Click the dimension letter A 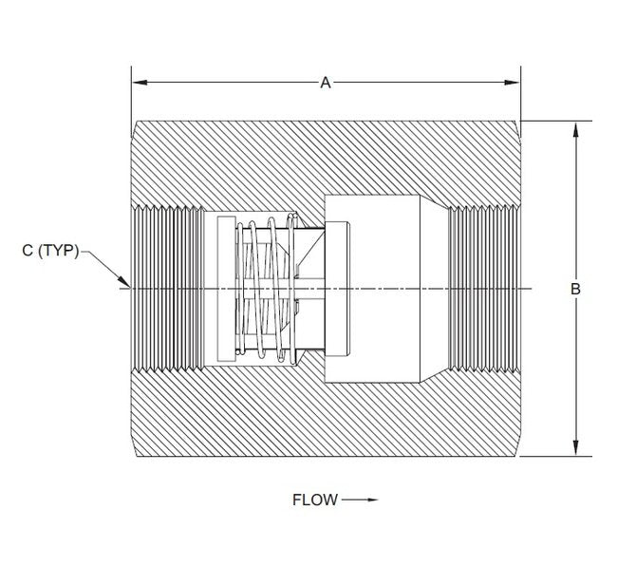(325, 83)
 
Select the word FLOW (314, 500)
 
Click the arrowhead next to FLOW (371, 500)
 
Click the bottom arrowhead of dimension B (575, 452)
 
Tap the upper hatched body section (323, 157)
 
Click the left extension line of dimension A (131, 95)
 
